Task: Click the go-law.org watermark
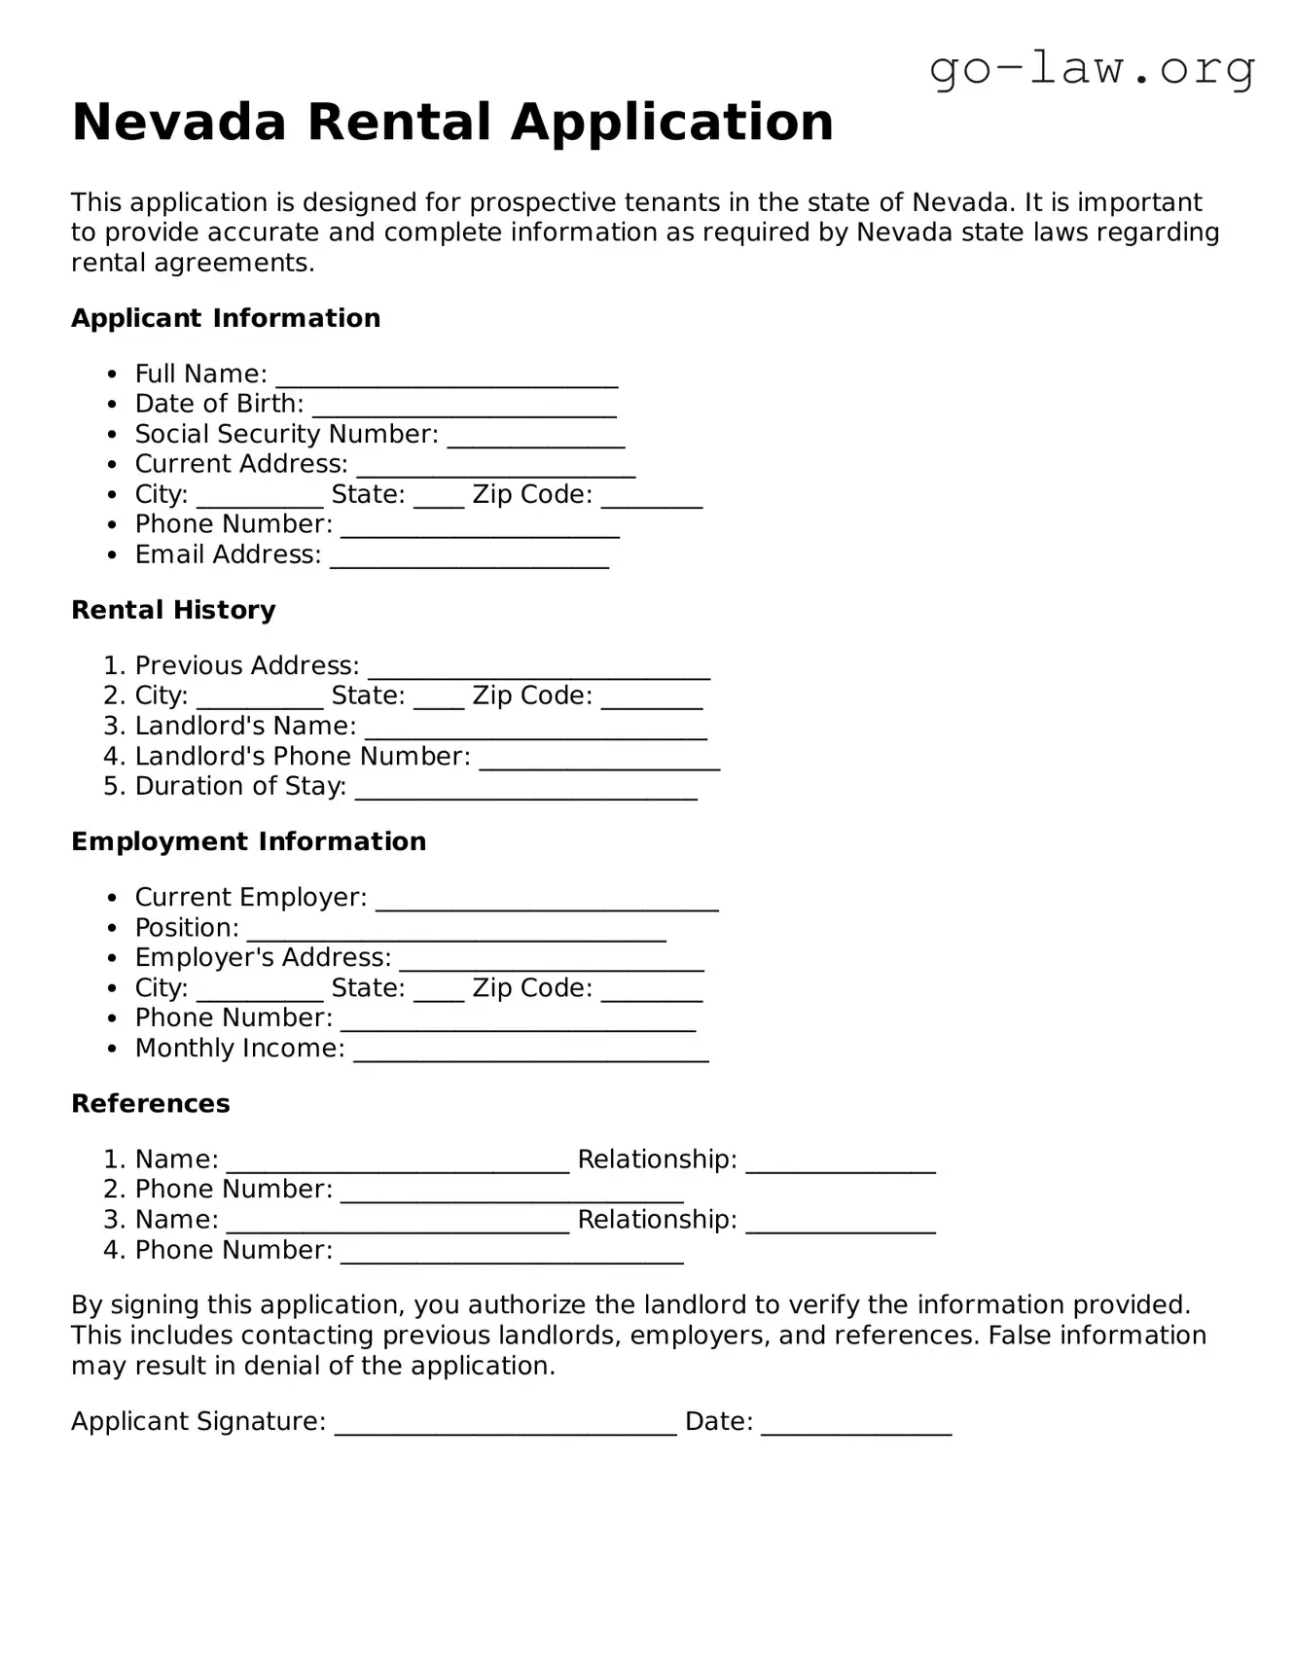(1092, 69)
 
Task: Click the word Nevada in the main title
(179, 123)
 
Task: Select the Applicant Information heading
(226, 318)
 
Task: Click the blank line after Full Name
(447, 376)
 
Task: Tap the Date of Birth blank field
(464, 407)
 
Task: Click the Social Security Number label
(286, 434)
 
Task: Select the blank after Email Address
(469, 557)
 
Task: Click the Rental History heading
(173, 610)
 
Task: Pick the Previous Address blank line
(538, 668)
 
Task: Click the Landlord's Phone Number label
(302, 756)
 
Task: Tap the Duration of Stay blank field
(525, 789)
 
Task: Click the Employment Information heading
(248, 841)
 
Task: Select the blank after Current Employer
(547, 900)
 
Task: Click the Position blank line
(455, 930)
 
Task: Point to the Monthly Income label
(239, 1048)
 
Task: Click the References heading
(151, 1103)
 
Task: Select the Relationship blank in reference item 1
(841, 1162)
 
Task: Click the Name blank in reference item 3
(397, 1223)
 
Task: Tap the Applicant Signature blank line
(505, 1424)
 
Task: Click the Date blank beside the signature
(856, 1424)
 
